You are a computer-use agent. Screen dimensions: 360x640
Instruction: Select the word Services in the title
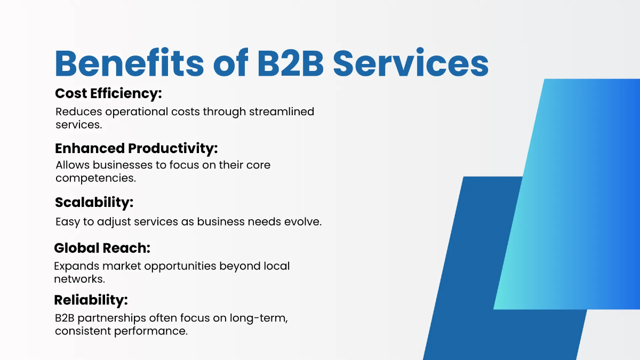pyautogui.click(x=411, y=64)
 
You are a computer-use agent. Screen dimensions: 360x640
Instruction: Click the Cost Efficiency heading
pyautogui.click(x=108, y=94)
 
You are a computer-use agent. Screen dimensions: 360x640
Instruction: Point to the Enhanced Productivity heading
pyautogui.click(x=137, y=148)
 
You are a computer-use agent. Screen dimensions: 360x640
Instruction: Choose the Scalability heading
pyautogui.click(x=94, y=203)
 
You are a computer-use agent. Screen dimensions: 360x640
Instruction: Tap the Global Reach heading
pyautogui.click(x=102, y=248)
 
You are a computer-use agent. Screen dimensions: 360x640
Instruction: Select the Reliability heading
pyautogui.click(x=91, y=300)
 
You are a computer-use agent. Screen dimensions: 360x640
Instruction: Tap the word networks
pyautogui.click(x=79, y=279)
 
